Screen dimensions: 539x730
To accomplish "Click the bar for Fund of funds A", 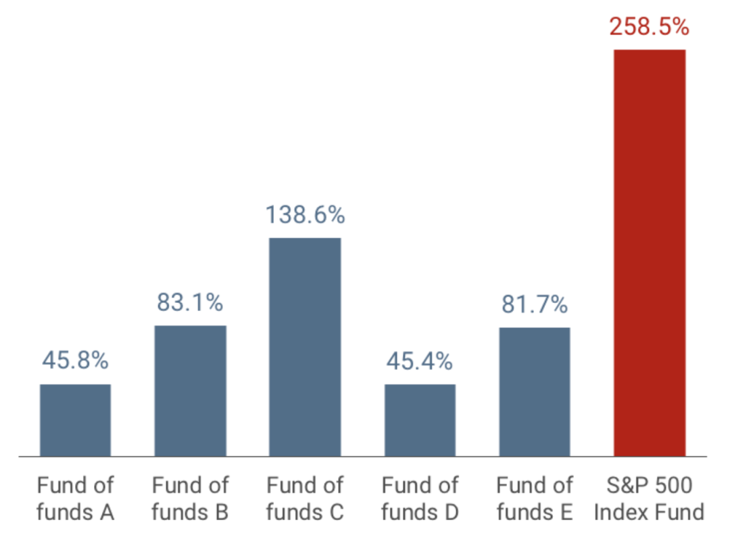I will coord(75,420).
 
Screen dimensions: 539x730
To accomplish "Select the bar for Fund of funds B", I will coord(190,391).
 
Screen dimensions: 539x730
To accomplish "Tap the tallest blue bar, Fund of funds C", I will coord(305,347).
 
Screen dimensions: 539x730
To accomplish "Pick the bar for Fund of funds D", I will coord(420,420).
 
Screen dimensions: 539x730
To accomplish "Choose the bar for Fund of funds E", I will coord(535,392).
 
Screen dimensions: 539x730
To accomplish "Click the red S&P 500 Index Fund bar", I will coord(650,253).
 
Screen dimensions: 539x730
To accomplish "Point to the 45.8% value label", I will coord(75,361).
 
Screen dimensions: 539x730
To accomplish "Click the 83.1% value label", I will coord(190,303).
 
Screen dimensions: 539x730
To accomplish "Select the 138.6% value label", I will coord(305,215).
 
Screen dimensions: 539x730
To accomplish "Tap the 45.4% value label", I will coord(420,362).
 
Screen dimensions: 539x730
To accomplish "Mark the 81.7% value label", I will coord(535,305).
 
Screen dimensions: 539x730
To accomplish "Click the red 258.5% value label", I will coord(649,27).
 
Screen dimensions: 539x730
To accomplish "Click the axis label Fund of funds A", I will coord(75,498).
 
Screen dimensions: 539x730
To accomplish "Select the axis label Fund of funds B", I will coord(190,498).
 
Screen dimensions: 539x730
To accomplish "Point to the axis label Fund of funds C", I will coord(305,498).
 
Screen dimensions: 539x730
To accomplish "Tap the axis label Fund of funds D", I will coord(420,498).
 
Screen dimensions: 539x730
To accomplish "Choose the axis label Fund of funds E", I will coord(535,498).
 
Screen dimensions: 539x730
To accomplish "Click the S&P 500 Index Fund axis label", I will coord(649,498).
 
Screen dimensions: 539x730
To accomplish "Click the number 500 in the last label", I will coord(672,486).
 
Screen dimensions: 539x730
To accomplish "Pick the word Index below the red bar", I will coord(619,512).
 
